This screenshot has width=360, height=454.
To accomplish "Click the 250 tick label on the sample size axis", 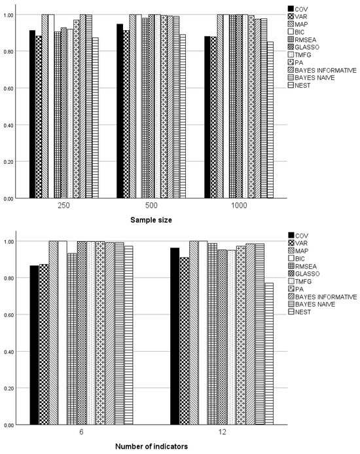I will coord(63,205).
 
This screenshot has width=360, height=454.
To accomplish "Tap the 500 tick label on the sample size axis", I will coord(151,205).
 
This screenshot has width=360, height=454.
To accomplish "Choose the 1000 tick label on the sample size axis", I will coord(239,205).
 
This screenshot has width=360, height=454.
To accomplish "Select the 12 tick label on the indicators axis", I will coord(221,432).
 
